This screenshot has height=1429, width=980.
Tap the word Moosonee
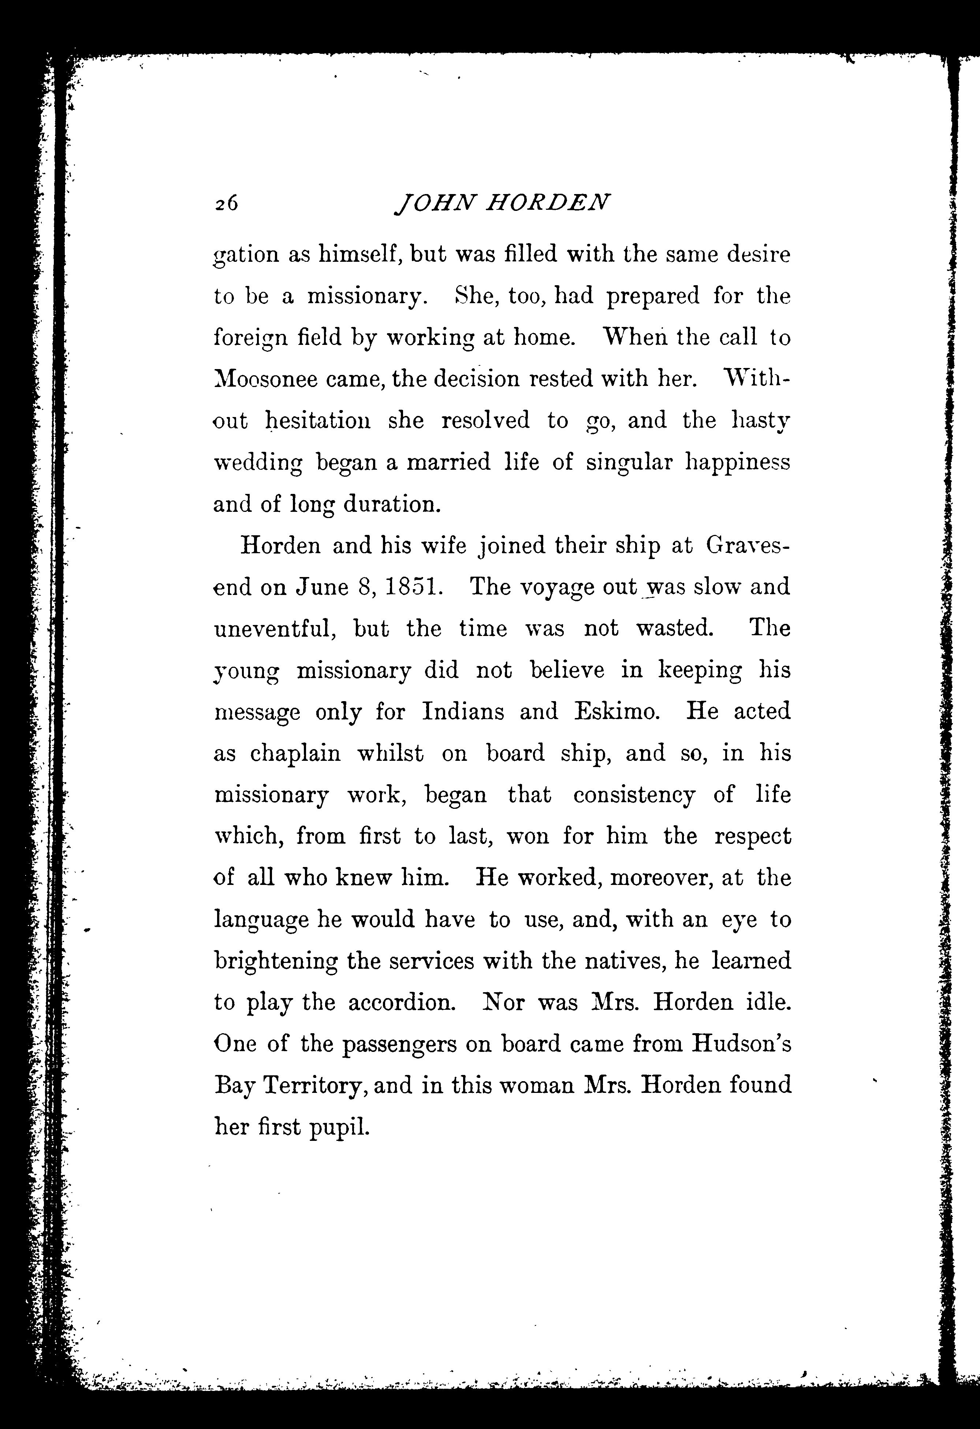coord(266,379)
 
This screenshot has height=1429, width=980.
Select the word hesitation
coord(318,421)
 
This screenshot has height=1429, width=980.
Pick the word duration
coord(392,504)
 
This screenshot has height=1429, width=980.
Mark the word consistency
coord(634,795)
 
